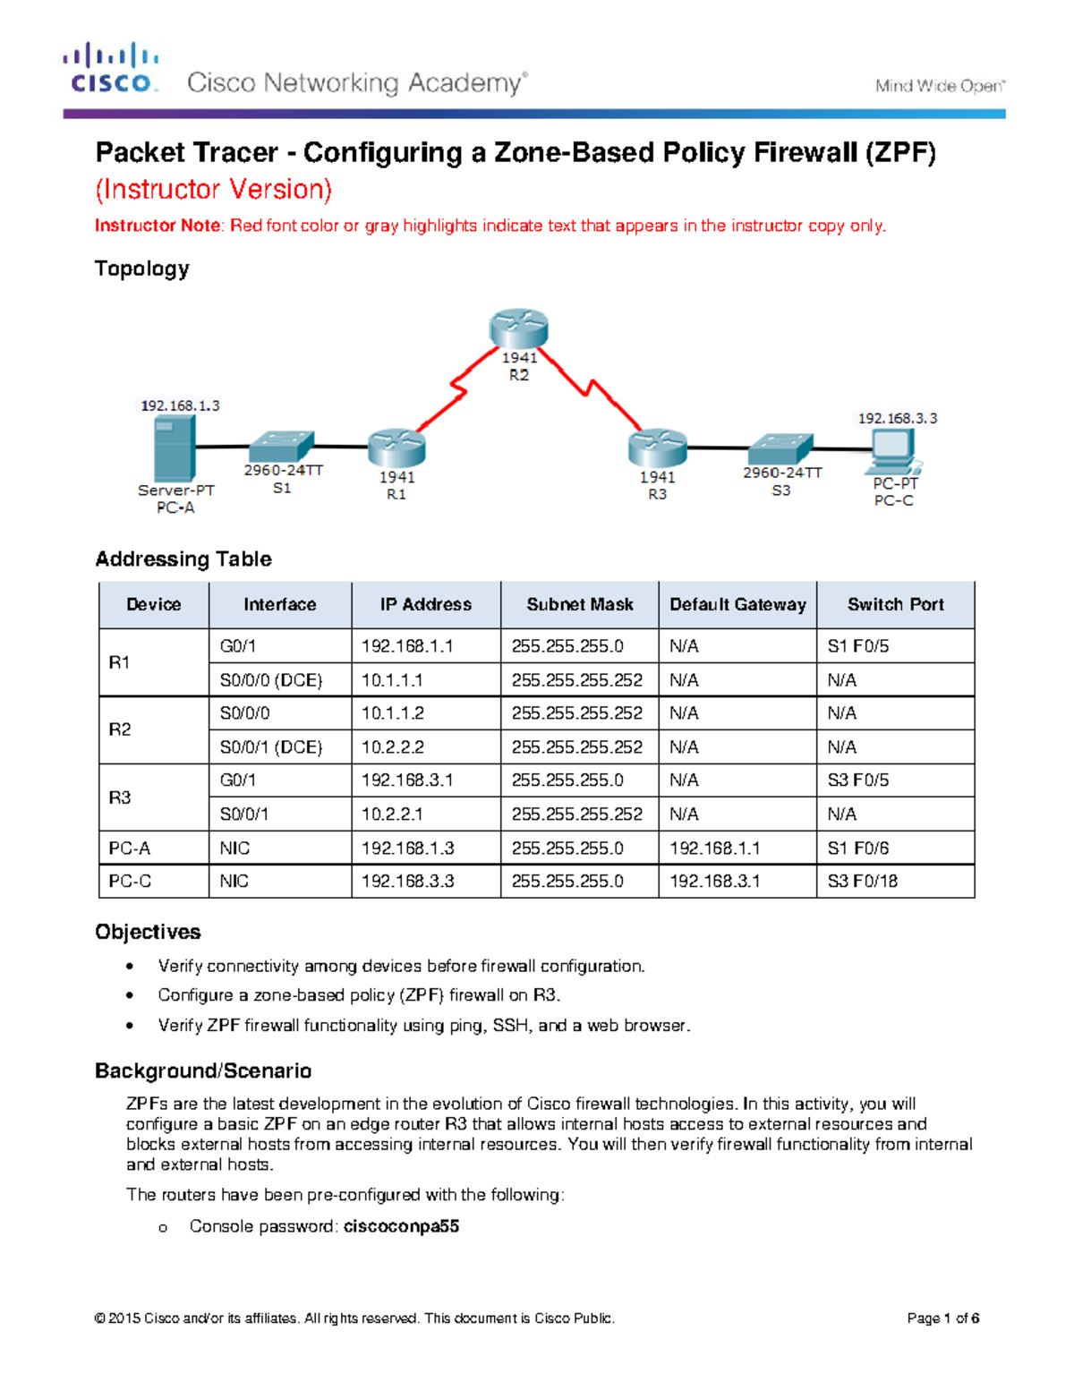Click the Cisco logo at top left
click(111, 68)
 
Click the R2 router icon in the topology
click(518, 328)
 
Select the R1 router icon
click(396, 448)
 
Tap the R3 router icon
click(657, 448)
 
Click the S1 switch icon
click(281, 446)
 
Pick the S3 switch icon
click(780, 448)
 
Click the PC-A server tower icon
click(174, 449)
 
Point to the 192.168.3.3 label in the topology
click(898, 418)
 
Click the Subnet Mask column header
click(579, 604)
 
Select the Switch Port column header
click(895, 604)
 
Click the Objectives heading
click(148, 932)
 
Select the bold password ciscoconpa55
click(401, 1226)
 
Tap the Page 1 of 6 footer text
click(942, 1318)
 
